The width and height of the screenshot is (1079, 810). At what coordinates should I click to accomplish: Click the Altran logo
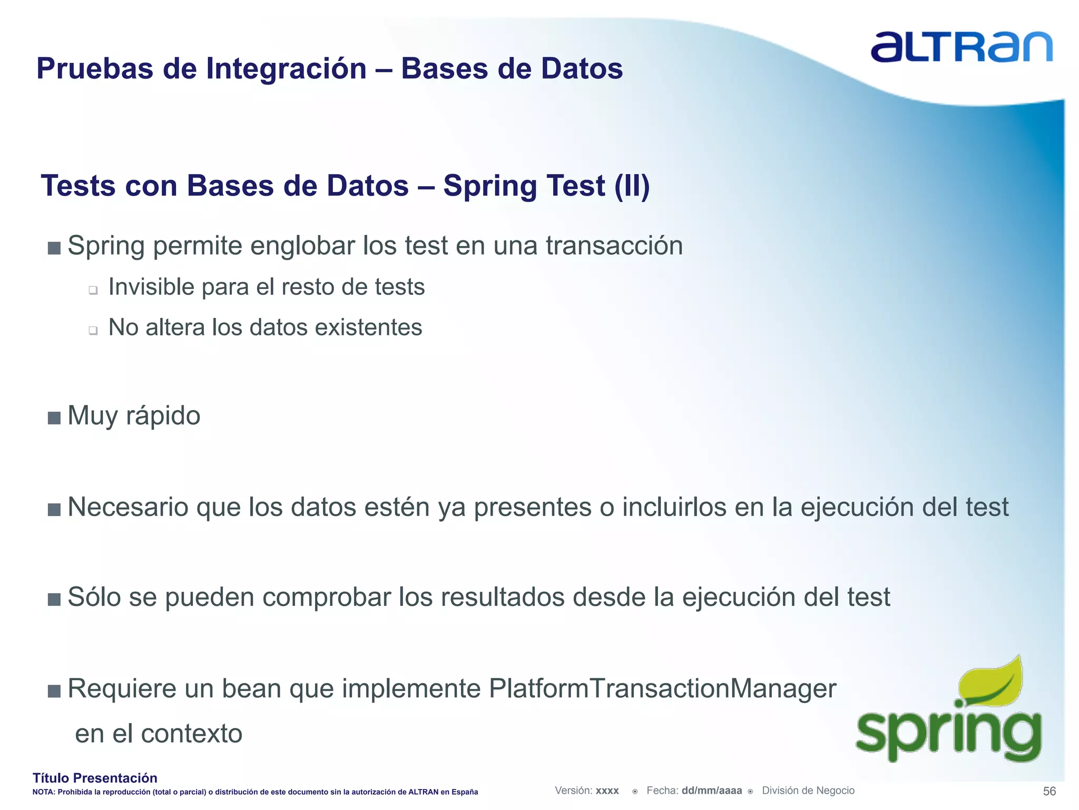961,47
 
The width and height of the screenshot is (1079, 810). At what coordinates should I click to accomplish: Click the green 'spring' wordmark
948,733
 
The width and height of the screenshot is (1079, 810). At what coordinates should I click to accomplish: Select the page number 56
1049,791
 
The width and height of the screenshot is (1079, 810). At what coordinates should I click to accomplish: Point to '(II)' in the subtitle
632,186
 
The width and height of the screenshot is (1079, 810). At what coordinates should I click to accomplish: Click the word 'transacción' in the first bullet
614,246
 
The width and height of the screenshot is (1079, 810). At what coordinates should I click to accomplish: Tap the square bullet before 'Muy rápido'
54,418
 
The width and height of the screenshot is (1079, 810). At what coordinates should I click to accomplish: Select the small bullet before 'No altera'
93,331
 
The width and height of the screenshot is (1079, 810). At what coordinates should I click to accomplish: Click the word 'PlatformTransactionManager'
662,688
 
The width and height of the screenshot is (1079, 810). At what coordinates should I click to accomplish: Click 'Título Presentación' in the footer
95,778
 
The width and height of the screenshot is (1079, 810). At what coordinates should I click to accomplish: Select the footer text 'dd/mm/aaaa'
711,790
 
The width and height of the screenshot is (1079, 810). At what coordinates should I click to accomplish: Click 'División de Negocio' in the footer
808,790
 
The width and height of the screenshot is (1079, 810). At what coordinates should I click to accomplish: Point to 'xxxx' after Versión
607,791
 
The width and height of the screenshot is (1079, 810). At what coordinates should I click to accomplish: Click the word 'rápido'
163,416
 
